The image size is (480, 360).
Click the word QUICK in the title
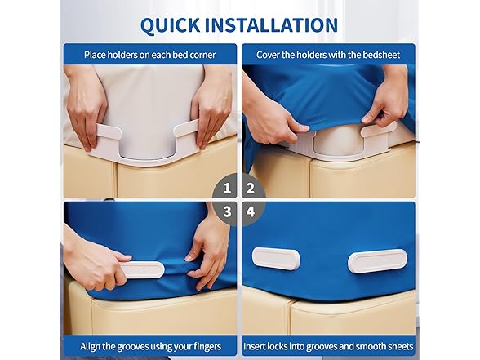coord(170,24)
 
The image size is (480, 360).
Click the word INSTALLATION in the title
coord(271,24)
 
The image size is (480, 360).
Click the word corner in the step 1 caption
coord(201,55)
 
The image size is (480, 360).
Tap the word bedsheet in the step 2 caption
coord(381,55)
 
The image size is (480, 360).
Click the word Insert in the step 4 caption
coord(254,346)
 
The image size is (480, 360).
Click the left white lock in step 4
coord(276,259)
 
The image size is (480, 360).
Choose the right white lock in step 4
coord(377,261)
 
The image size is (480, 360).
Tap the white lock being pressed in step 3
coord(141,269)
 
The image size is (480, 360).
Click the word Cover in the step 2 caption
coord(267,55)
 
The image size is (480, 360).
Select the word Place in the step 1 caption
coord(95,55)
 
